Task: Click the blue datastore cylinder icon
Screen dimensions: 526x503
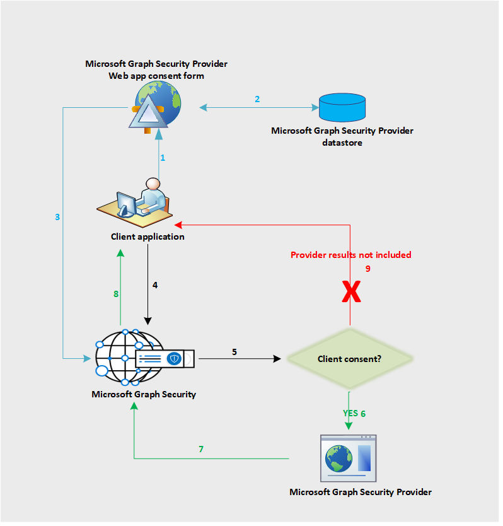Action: pos(342,107)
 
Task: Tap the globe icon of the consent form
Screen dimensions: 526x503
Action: pos(157,106)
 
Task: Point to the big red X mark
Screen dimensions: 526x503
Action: pos(351,293)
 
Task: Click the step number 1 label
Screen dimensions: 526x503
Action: pos(163,158)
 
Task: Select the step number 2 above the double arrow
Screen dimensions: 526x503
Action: pos(257,99)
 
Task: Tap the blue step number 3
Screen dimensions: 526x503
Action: pos(57,217)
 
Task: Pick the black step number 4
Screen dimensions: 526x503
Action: pos(155,285)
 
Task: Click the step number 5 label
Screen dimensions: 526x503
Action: pos(234,351)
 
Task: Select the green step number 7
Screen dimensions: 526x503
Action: pos(201,449)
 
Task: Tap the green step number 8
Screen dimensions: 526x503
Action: pos(116,293)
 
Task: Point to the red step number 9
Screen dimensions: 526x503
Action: pos(369,269)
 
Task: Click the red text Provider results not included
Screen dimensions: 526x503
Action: pos(350,255)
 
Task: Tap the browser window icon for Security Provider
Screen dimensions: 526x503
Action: pos(348,455)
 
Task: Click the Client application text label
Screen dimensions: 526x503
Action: pos(147,237)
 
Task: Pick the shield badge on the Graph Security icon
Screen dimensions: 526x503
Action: pos(175,359)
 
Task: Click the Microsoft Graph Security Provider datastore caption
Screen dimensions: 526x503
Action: pos(342,137)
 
